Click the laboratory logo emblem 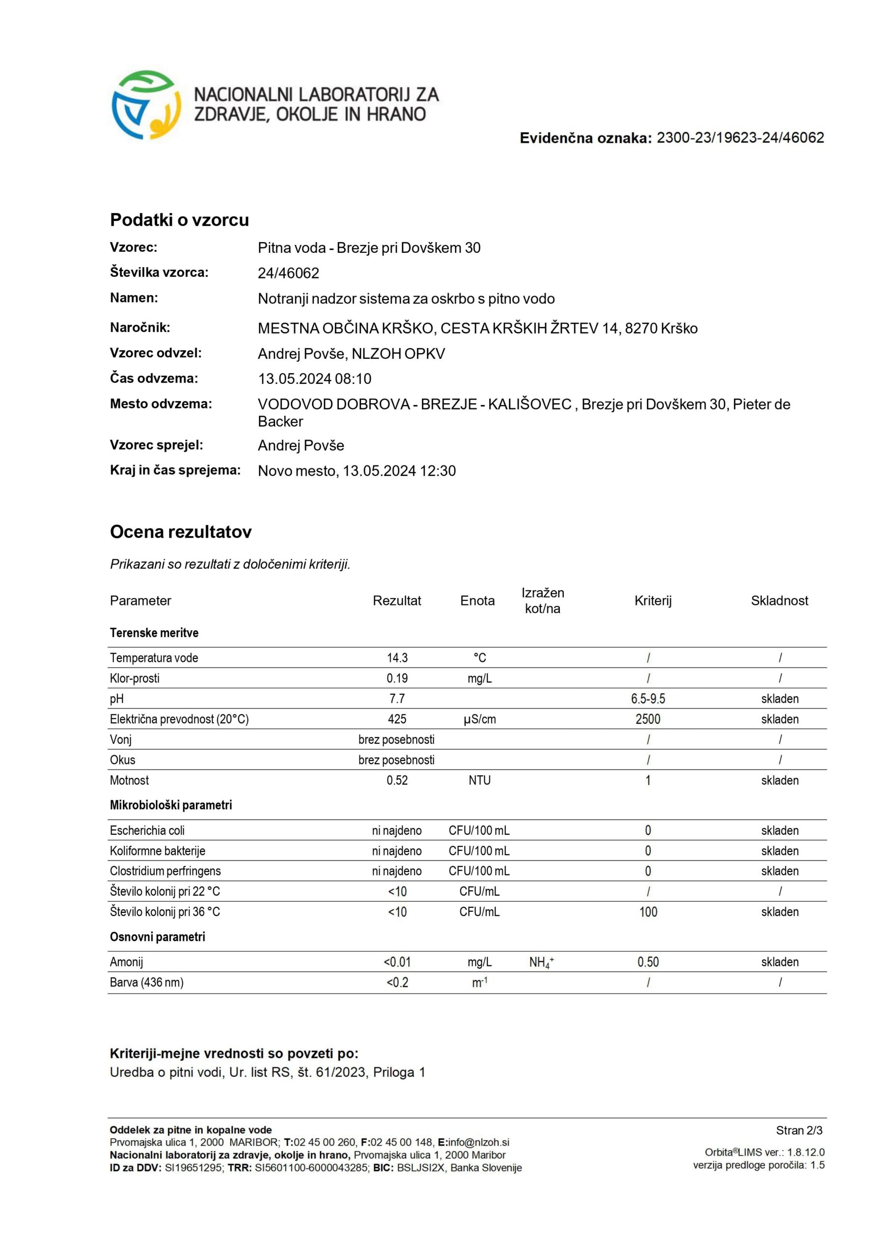point(146,105)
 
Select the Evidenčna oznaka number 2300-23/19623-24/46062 point(740,138)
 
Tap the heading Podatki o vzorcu point(179,219)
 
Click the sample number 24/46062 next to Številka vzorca point(288,273)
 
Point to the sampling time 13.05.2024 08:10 point(314,379)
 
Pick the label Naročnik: point(139,328)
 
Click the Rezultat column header point(396,601)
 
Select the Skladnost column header point(779,601)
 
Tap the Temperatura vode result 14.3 point(397,657)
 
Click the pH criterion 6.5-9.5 point(647,699)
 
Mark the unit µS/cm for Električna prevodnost point(479,719)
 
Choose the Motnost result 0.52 point(397,780)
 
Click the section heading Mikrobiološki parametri point(171,805)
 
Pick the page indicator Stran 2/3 point(799,1130)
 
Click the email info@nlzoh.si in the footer point(478,1142)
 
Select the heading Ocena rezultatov point(181,532)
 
